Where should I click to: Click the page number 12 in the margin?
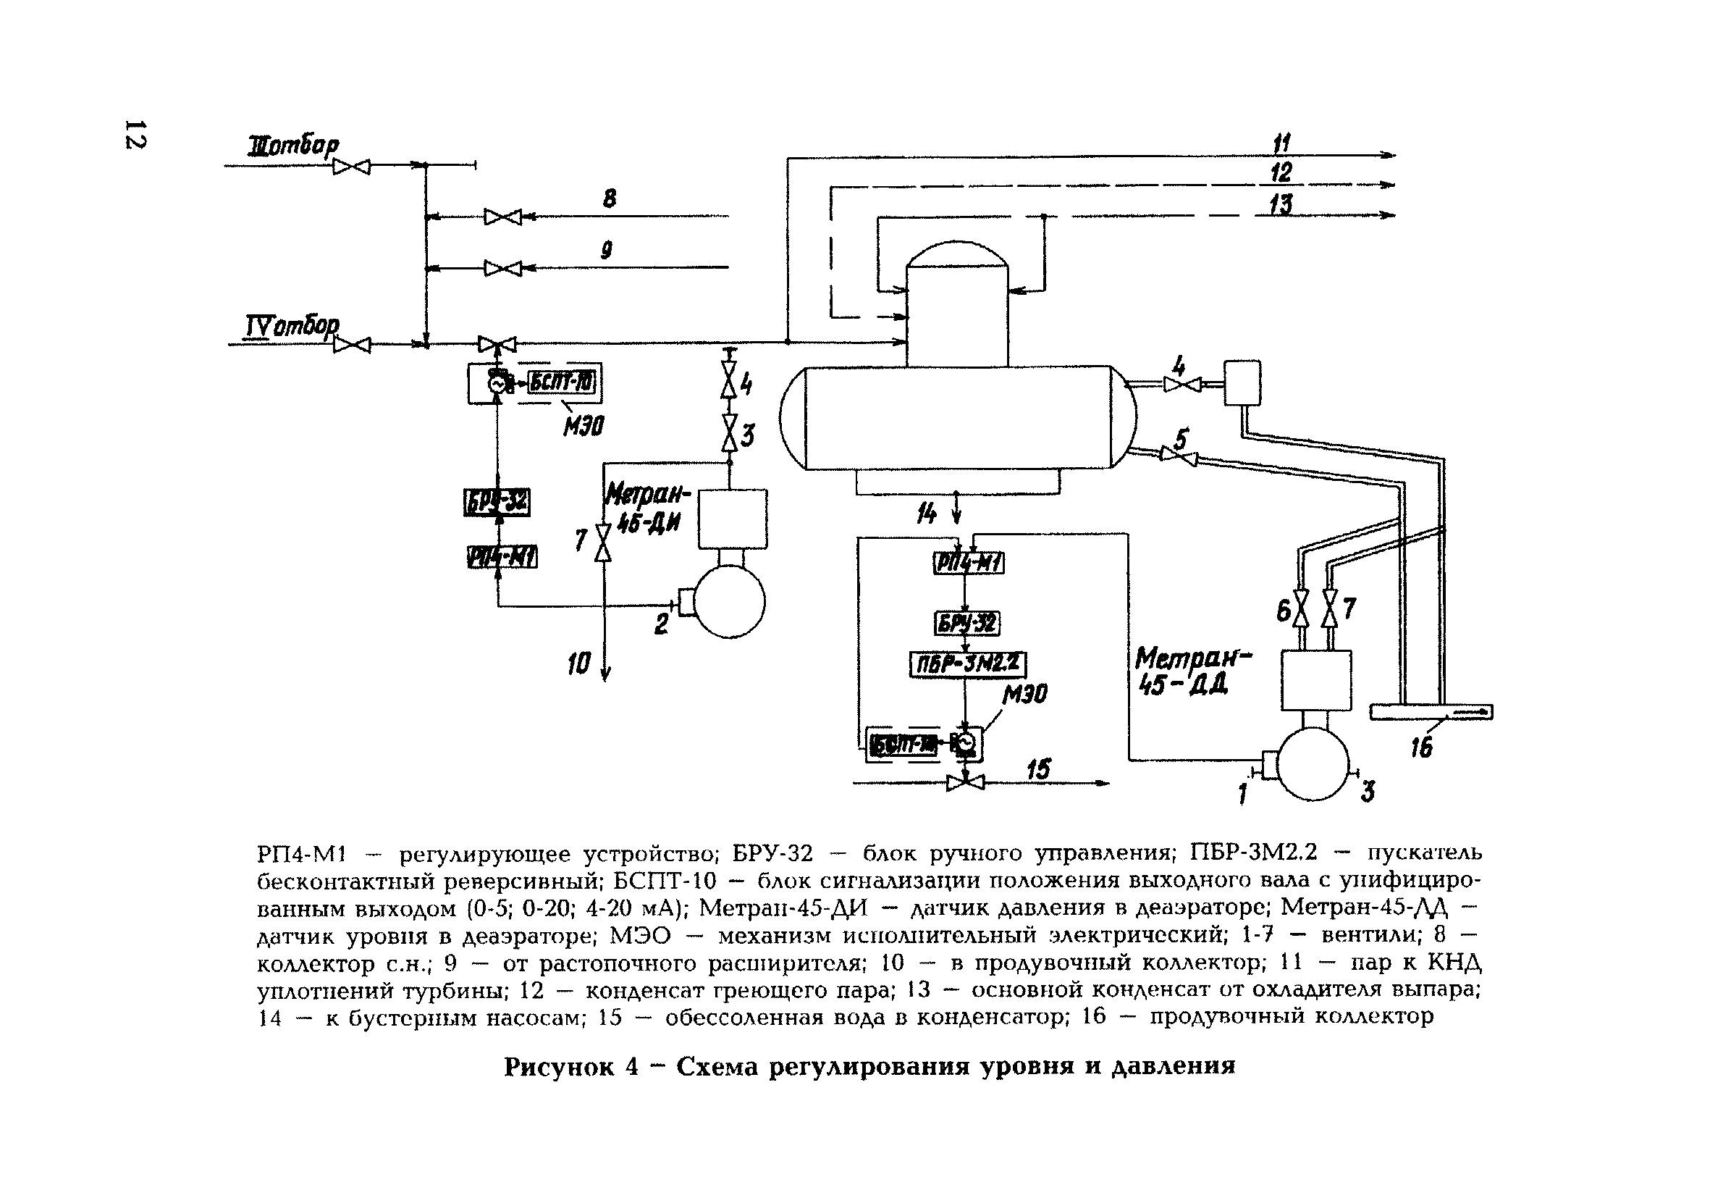136,134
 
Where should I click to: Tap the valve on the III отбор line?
351,166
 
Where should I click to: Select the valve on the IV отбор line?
352,344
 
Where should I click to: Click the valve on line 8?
502,217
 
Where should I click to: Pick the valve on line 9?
502,267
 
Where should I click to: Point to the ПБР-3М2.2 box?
967,663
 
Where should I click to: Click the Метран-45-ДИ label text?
647,507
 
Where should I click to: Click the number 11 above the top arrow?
1281,142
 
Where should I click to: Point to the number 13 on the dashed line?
1281,204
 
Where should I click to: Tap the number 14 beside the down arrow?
927,514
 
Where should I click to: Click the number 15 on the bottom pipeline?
1038,769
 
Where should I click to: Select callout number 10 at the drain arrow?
578,663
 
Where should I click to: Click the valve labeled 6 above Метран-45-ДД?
1301,608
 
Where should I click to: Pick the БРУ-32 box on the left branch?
497,503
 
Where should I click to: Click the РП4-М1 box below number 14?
968,564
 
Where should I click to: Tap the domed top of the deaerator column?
957,254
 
